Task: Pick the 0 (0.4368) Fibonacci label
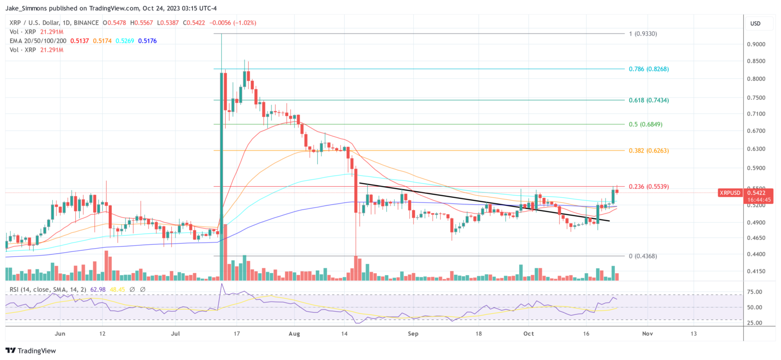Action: [x=643, y=256]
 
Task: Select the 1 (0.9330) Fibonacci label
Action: [x=643, y=34]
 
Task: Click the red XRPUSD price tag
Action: [x=731, y=193]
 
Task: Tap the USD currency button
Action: [x=755, y=23]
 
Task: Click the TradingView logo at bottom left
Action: [x=31, y=351]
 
